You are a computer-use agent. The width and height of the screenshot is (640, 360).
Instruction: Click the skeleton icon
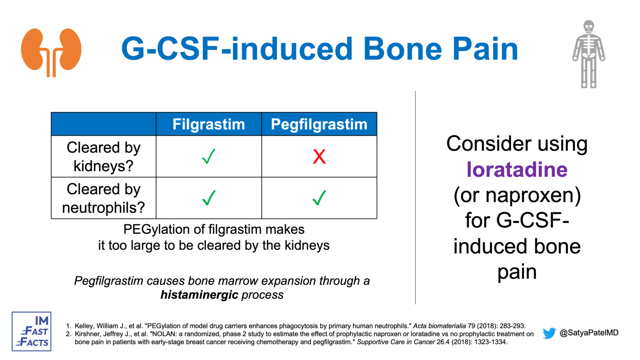point(588,54)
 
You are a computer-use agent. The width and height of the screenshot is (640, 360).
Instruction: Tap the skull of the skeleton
point(588,27)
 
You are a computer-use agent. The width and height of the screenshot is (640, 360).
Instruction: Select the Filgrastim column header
point(209,124)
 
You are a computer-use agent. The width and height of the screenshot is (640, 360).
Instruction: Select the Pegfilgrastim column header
point(319,124)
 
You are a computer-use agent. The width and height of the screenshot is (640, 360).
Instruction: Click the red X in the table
point(319,157)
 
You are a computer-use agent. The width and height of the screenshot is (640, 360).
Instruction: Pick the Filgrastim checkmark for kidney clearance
point(209,157)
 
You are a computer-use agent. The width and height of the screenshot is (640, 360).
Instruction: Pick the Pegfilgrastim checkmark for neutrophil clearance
point(319,198)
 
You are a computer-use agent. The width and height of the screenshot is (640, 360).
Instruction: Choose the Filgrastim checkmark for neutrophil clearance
point(209,198)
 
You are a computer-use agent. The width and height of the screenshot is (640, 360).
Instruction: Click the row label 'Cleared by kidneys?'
point(103,157)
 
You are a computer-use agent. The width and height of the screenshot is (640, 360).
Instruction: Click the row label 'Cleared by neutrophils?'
point(103,198)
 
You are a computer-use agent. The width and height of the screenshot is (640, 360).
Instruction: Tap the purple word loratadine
point(517,170)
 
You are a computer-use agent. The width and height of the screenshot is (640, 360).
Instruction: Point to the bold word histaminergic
point(199,295)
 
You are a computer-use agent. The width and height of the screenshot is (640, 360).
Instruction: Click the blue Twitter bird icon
point(549,333)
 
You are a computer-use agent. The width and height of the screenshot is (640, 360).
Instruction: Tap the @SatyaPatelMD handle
point(589,333)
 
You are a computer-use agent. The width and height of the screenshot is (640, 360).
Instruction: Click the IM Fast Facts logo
point(32,332)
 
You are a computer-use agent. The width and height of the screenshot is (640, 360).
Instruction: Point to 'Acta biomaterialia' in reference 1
point(439,326)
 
